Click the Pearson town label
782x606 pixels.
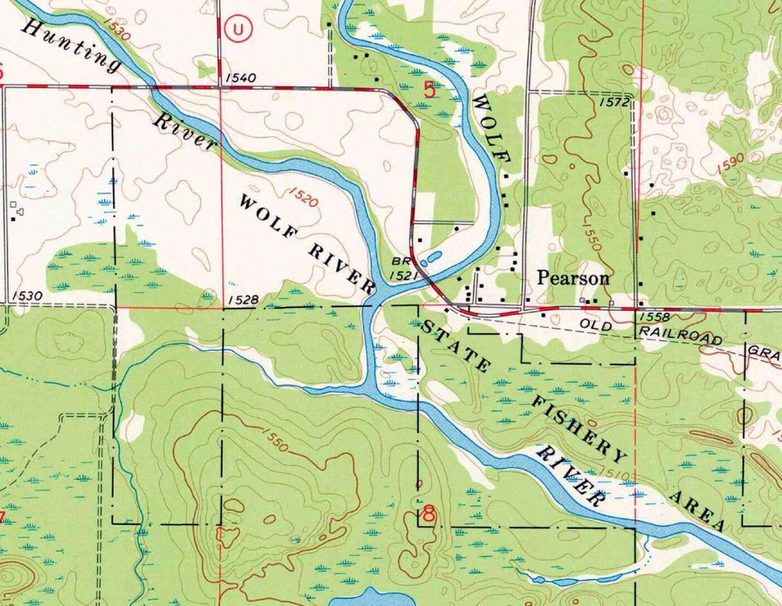[573, 278]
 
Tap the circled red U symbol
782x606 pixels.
[238, 28]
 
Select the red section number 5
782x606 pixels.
[430, 90]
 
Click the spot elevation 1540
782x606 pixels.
[242, 79]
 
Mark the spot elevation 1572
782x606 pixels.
[613, 102]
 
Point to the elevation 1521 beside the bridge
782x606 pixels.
[405, 275]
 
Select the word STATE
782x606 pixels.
[455, 347]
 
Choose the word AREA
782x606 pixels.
[698, 513]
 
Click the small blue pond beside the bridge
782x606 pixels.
[431, 258]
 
